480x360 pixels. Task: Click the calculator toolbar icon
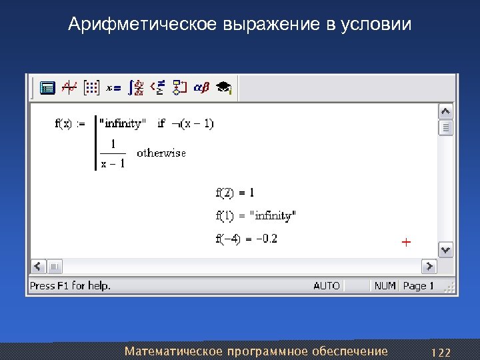[47, 87]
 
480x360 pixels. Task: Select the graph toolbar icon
[69, 87]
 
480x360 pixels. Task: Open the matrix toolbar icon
[91, 87]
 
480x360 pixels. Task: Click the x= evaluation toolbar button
[114, 87]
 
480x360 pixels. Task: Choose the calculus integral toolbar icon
[137, 87]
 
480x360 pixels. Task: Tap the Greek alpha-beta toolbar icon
[201, 87]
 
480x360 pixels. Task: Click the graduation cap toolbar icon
[223, 87]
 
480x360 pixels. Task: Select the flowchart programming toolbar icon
[179, 87]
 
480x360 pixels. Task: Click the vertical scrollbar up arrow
[445, 111]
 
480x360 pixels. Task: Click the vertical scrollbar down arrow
[445, 249]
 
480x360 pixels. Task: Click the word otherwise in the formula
[161, 153]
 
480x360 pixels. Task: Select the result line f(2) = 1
[235, 193]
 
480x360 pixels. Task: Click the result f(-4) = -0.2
[246, 239]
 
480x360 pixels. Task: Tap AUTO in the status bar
[327, 285]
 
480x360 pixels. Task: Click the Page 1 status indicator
[418, 285]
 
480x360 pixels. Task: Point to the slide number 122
[441, 352]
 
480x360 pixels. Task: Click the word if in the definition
[161, 123]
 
